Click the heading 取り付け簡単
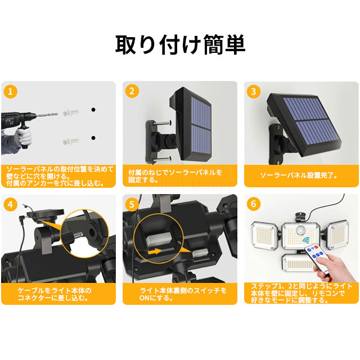click(180, 44)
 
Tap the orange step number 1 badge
click(10, 92)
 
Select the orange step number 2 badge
click(132, 91)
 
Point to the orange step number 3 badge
click(254, 91)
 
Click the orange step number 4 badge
click(10, 204)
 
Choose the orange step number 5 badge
click(132, 204)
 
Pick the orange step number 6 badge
click(254, 204)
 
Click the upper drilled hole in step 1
click(93, 110)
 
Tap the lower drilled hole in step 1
click(93, 138)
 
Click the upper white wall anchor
click(71, 112)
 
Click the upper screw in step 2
click(163, 124)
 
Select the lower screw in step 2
click(163, 159)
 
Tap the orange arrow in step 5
click(155, 251)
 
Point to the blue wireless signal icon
click(306, 240)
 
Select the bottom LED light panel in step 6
click(298, 263)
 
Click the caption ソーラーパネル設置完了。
click(299, 175)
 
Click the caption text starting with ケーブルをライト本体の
click(55, 294)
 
